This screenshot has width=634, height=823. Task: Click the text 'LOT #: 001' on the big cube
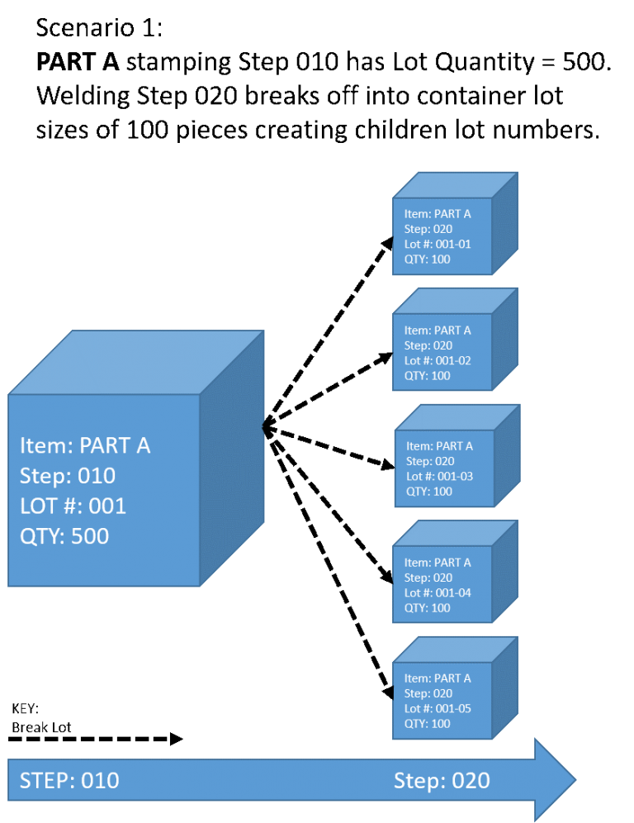pos(73,506)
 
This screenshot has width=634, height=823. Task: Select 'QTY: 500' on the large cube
pos(64,536)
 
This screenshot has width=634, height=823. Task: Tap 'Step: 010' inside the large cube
pos(68,476)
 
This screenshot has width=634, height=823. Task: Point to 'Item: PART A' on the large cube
pos(85,446)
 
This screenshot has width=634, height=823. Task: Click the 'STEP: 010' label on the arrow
pos(69,781)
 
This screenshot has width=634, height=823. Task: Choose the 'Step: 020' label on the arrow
pos(442,781)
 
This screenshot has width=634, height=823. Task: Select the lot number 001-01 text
pos(438,245)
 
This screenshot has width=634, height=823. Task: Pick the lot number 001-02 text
pos(438,361)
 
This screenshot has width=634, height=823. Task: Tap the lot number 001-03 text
pos(439,477)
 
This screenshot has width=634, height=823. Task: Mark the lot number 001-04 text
pos(438,593)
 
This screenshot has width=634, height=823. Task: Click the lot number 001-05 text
pos(438,709)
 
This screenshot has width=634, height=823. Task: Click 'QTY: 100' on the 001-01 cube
pos(427,259)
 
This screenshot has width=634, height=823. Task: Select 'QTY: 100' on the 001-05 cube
pos(427,724)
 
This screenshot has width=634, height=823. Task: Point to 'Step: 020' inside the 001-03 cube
pos(430,462)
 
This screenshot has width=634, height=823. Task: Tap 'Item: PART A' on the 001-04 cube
pos(438,563)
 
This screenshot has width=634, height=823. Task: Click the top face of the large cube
pos(136,363)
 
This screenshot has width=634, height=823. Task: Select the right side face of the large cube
pos(232,459)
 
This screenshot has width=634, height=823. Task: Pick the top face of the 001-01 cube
pos(456,185)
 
